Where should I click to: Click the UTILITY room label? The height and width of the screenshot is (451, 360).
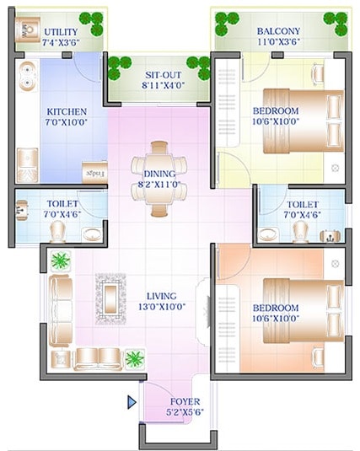[36, 32]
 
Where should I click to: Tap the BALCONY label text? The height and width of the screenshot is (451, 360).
[277, 32]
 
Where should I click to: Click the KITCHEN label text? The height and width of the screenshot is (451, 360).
[66, 111]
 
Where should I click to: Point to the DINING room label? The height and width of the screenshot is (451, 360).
[159, 174]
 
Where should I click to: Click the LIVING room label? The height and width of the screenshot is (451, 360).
[160, 296]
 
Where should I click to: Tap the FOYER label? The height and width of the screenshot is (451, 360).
[185, 401]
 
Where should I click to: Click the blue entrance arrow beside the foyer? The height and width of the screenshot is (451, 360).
[132, 402]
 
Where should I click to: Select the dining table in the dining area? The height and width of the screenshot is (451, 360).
[159, 179]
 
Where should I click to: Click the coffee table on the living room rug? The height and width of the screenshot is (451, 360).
[111, 297]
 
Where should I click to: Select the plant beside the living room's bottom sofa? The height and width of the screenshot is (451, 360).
[133, 358]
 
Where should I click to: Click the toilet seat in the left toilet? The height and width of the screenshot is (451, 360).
[57, 230]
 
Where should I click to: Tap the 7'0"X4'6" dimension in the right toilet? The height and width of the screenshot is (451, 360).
[302, 215]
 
